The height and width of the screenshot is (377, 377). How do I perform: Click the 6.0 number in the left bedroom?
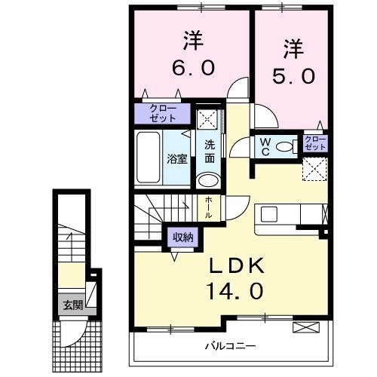(194, 67)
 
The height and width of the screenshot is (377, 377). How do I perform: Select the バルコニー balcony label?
(230, 347)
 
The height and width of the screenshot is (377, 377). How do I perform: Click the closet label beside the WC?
(315, 143)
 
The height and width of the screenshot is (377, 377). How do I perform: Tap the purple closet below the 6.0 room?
(164, 112)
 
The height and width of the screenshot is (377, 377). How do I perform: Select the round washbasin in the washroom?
(207, 180)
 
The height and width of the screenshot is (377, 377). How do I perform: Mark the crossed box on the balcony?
(305, 327)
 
